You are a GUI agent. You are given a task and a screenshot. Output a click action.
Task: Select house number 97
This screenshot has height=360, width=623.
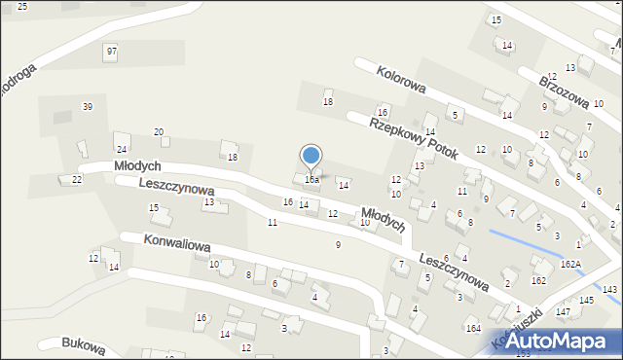pos(112,51)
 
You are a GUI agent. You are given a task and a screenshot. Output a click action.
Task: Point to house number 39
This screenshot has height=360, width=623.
pos(88,106)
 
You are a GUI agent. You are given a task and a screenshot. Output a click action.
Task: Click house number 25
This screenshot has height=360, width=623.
pos(21,7)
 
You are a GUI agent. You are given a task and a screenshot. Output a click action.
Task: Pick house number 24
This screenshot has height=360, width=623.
pos(122,149)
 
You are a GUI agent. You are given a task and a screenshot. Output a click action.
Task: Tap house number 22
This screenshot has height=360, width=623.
pos(77,179)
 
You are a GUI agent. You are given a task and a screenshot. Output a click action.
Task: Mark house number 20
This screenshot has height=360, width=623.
pos(159,131)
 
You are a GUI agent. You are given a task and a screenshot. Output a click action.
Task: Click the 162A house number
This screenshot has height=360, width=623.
pos(570,264)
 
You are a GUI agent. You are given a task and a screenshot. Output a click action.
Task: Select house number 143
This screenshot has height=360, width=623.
pos(610,290)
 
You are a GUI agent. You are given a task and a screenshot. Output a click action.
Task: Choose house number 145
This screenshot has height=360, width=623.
pos(586,300)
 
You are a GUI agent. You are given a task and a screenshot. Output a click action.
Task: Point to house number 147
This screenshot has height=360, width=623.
pos(564,311)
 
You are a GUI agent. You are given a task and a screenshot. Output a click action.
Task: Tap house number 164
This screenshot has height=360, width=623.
pos(473,329)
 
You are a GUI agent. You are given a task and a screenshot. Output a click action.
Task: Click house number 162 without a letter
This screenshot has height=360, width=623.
pos(537,280)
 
